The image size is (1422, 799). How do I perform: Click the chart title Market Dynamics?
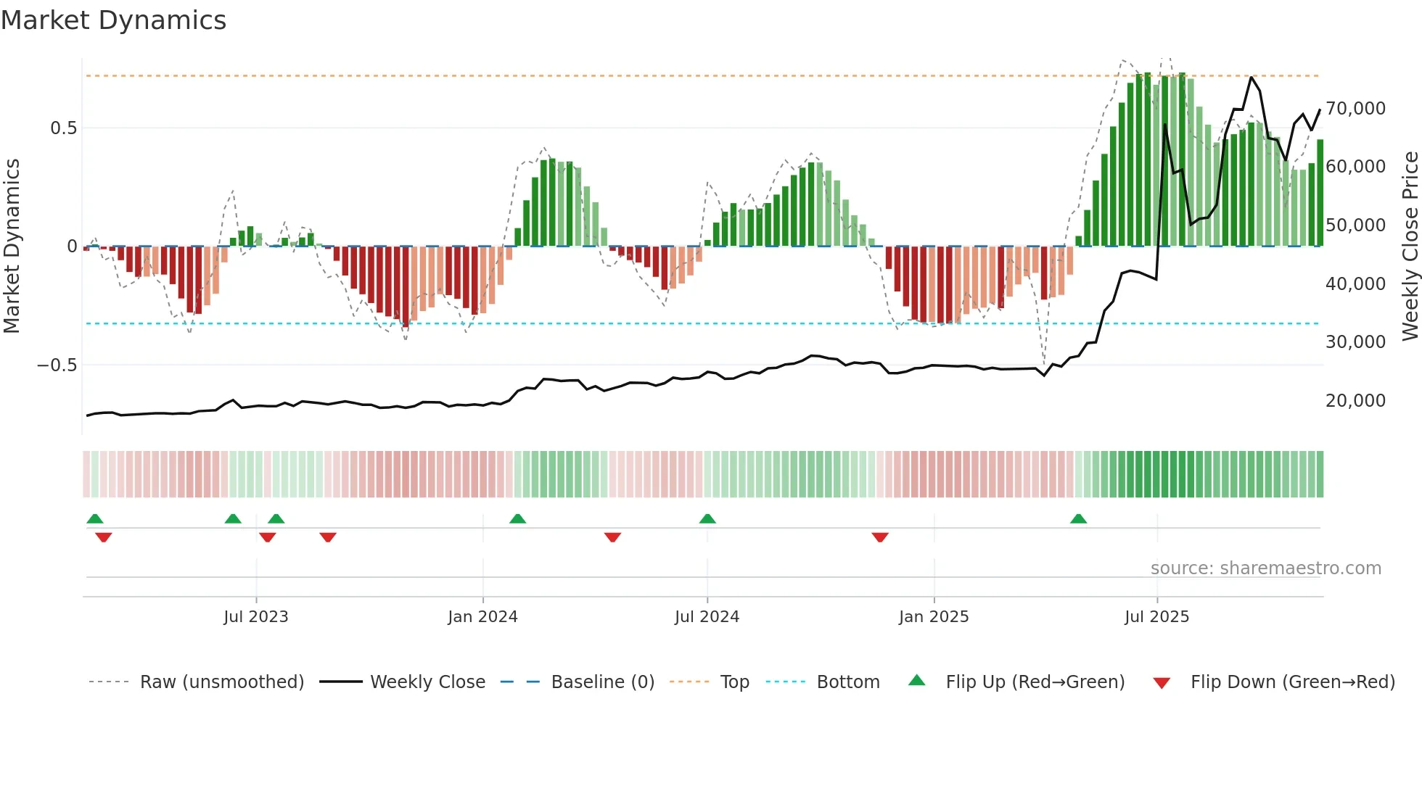coord(113,20)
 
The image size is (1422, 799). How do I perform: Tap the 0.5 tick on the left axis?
coord(63,128)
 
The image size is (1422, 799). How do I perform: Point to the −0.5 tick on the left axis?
coord(57,365)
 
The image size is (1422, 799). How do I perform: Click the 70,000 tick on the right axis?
coord(1355,109)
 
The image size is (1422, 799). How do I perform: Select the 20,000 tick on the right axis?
coord(1355,401)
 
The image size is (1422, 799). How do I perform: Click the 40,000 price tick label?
coord(1355,284)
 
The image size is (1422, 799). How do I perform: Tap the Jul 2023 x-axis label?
coord(256,617)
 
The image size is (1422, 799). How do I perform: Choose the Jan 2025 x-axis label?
coord(934,617)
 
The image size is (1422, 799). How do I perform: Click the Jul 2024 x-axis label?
coord(707,617)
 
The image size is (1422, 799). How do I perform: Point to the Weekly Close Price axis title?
coord(1410,247)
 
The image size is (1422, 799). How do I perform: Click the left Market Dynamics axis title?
coord(12,247)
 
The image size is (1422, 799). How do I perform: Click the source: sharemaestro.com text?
coord(1265,568)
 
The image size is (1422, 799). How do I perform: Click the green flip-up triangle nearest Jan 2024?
coord(517,519)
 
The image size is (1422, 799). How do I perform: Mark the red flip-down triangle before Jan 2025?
coord(880,537)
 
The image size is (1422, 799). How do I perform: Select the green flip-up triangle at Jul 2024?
coord(707,519)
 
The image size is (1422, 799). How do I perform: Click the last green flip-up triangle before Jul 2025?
coord(1078,519)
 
